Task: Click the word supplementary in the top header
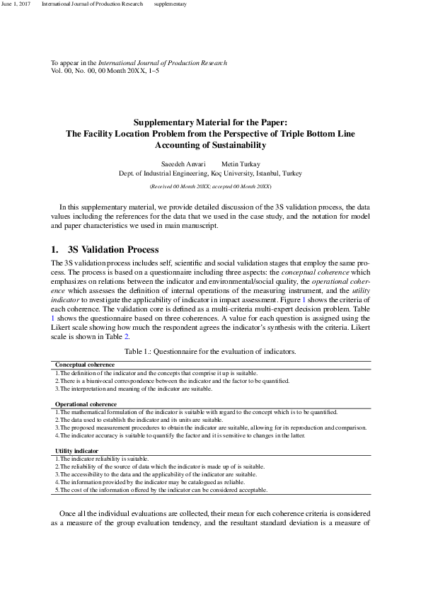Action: point(170,4)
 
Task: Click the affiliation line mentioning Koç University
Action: point(210,173)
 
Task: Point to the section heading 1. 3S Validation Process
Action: point(105,250)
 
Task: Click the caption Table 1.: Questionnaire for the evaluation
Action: point(210,351)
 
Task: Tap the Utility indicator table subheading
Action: point(76,451)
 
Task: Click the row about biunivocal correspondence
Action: point(172,381)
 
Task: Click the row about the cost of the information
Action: point(161,490)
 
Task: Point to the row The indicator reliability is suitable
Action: point(102,459)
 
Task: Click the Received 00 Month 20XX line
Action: point(210,186)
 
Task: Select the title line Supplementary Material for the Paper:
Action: point(210,122)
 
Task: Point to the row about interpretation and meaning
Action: point(134,389)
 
